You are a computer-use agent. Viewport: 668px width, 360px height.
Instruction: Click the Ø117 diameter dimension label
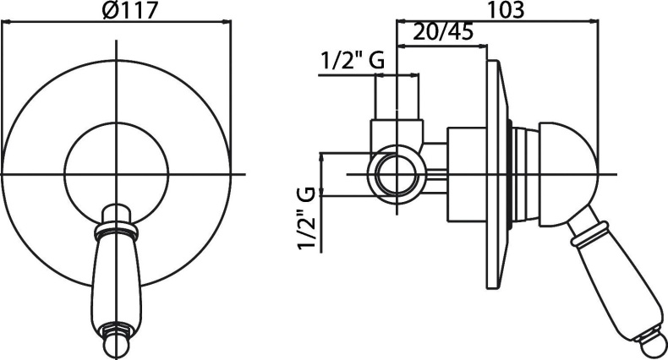coord(130,9)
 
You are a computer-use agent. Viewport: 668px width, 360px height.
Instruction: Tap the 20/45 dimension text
coord(443,32)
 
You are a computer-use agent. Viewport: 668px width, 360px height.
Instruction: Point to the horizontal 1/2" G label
coord(353,61)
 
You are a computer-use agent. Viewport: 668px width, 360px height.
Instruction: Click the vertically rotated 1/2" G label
coord(308,218)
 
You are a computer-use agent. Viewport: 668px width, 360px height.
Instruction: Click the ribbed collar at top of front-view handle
coord(116,230)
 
